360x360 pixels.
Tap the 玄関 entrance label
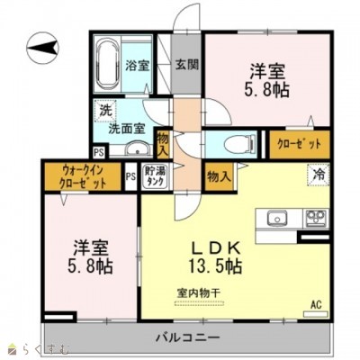click(x=186, y=65)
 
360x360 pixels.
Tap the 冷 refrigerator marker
click(x=318, y=175)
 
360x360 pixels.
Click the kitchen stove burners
click(x=314, y=217)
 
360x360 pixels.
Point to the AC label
click(x=315, y=303)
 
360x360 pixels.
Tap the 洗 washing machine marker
click(x=104, y=110)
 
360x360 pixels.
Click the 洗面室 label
click(x=126, y=128)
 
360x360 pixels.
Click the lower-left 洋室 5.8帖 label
click(x=87, y=256)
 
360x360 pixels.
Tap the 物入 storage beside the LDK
click(x=216, y=175)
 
